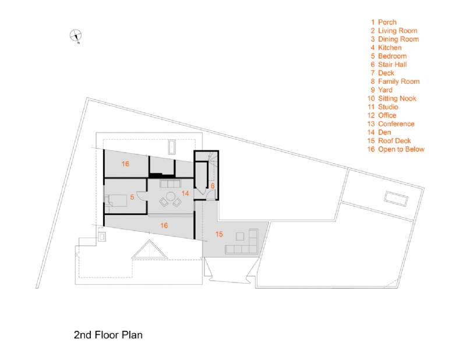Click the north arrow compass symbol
[x=76, y=36]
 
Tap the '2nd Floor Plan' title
[x=108, y=335]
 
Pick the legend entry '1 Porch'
[x=387, y=22]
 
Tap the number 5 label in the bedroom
[x=132, y=197]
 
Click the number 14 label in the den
[x=185, y=192]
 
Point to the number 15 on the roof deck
[x=219, y=234]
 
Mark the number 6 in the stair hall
[x=213, y=185]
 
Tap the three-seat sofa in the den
[x=171, y=185]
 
